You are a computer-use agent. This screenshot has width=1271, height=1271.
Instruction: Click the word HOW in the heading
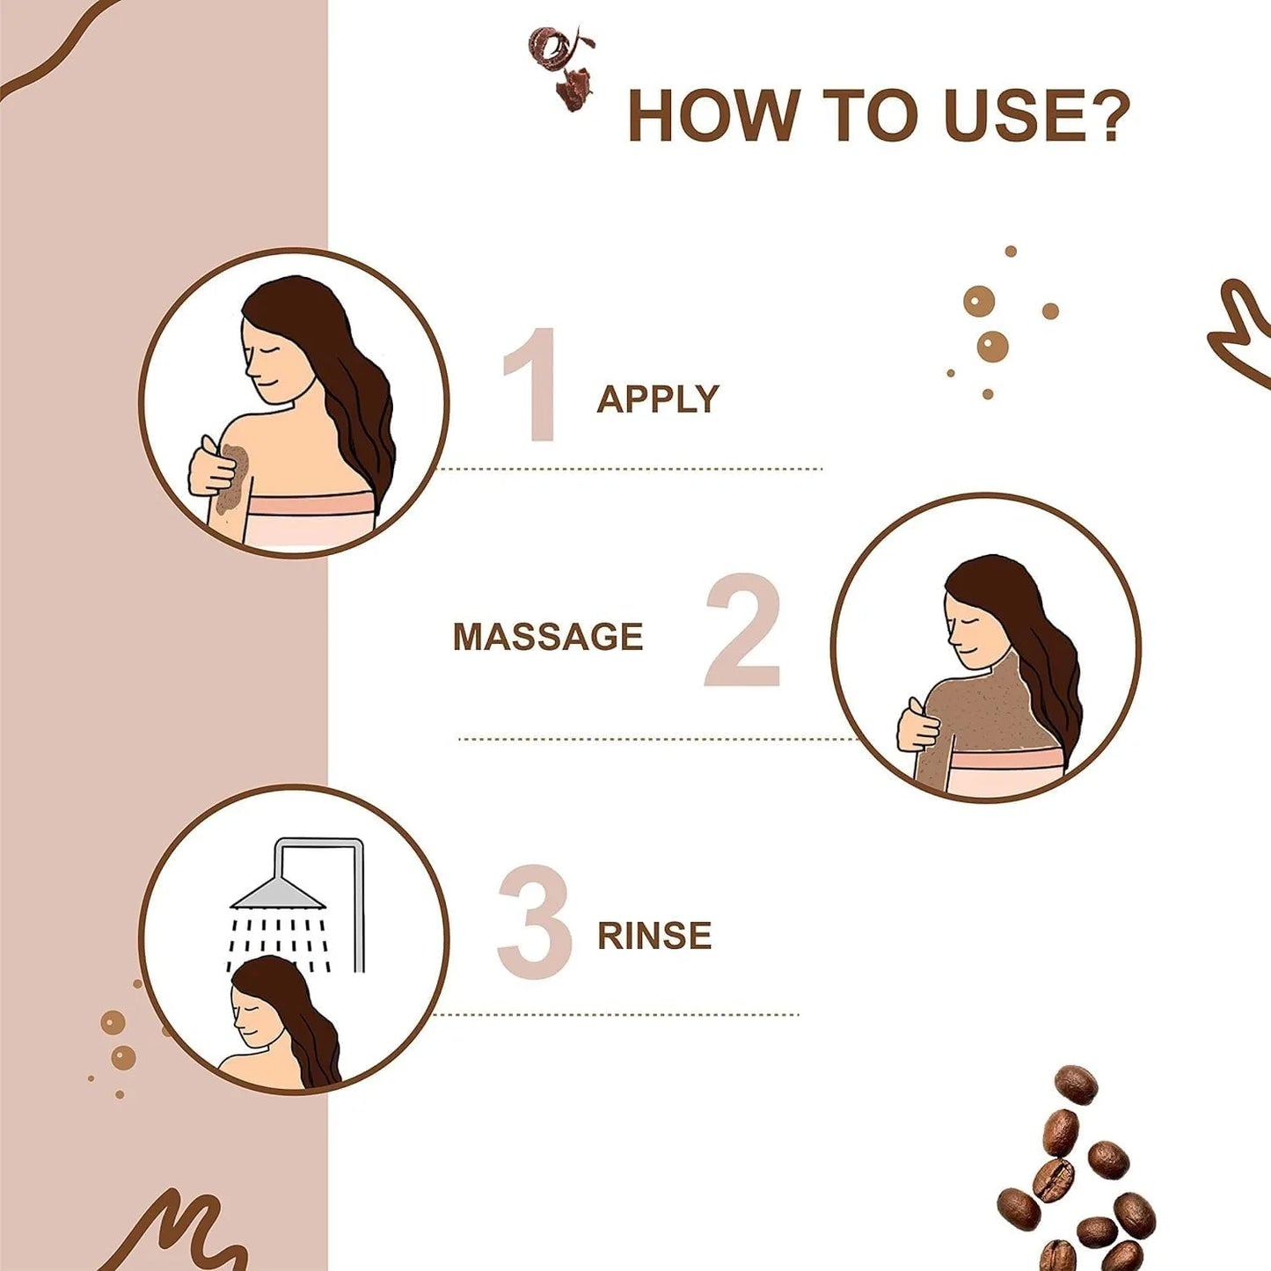coord(711,116)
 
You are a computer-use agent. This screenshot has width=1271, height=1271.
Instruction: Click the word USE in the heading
coord(1008,116)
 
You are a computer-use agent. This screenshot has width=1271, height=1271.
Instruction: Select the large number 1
coord(531,383)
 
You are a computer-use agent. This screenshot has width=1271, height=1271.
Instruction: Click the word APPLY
coord(657,399)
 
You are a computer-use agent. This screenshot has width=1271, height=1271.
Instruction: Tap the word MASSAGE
coord(547,637)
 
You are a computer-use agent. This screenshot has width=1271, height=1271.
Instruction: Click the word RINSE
coord(654,935)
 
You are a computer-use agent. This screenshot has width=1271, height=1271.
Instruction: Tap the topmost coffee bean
coord(1075,1085)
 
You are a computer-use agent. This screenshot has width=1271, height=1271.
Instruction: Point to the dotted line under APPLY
coord(631,469)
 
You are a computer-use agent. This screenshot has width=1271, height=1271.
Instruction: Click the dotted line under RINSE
coord(615,1014)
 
